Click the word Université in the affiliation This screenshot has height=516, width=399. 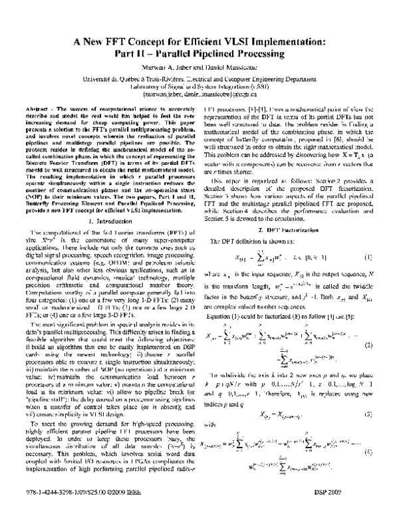pos(64,78)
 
